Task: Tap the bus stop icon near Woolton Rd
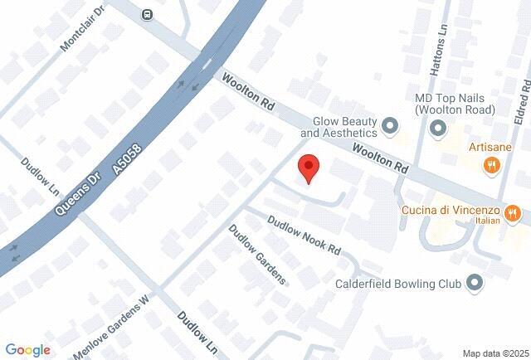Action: point(147,14)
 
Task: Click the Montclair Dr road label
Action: point(83,32)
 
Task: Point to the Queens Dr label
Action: point(71,193)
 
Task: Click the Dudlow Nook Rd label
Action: point(304,235)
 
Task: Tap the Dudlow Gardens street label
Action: point(257,255)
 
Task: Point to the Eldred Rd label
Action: point(521,102)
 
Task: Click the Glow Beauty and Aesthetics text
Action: point(339,126)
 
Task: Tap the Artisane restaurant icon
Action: point(492,165)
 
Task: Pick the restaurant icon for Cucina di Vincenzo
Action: point(514,215)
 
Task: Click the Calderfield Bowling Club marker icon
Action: point(475,283)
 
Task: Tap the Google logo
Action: point(27,350)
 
